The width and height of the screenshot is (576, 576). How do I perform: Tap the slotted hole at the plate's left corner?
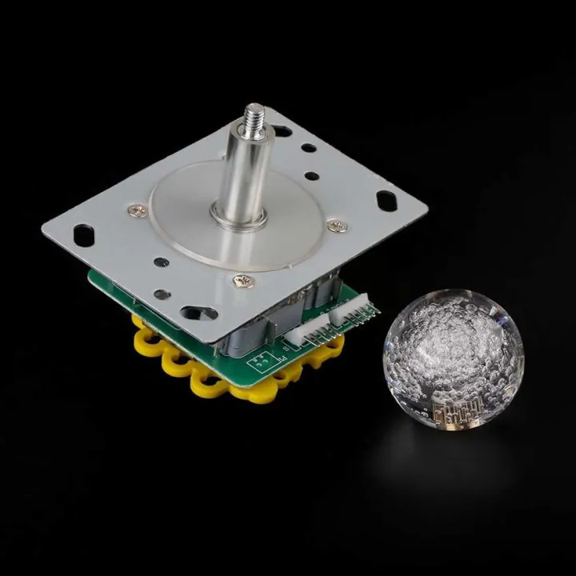click(x=82, y=234)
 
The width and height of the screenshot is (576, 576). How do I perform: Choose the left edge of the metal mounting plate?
click(x=48, y=230)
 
